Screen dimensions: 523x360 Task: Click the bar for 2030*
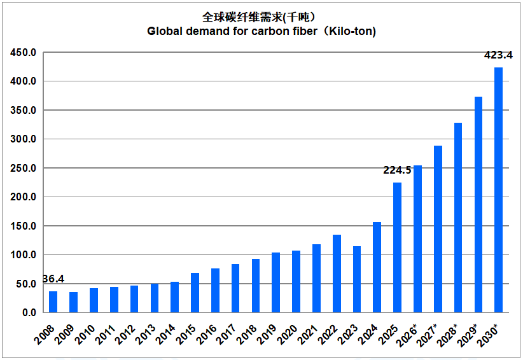click(x=498, y=190)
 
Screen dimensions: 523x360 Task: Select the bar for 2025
click(x=397, y=247)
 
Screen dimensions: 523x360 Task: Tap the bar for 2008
click(x=53, y=302)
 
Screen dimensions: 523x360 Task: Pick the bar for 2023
click(x=357, y=279)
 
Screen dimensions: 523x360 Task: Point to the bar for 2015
click(x=195, y=293)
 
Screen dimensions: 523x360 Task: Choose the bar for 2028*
click(x=458, y=218)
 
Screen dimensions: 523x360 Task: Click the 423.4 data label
click(x=498, y=55)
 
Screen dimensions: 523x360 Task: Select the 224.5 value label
click(x=397, y=170)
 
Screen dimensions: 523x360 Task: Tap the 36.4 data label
click(x=54, y=279)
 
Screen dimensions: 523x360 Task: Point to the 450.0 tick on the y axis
click(x=23, y=53)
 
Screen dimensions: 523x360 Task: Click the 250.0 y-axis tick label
click(x=23, y=169)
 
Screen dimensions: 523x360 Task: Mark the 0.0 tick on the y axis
click(x=29, y=313)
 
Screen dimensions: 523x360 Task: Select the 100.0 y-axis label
click(x=23, y=255)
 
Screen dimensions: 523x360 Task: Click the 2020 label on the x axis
click(x=287, y=335)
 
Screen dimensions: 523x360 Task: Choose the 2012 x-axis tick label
click(x=125, y=335)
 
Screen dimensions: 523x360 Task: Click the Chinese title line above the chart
click(x=259, y=17)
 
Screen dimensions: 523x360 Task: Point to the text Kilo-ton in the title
click(x=350, y=31)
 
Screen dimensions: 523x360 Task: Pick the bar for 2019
click(x=276, y=282)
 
